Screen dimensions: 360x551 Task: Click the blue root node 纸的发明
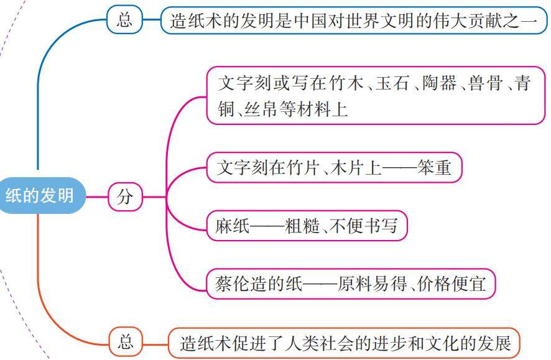pyautogui.click(x=40, y=196)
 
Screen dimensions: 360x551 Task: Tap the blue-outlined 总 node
pyautogui.click(x=125, y=21)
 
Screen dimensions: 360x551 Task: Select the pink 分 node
pyautogui.click(x=125, y=198)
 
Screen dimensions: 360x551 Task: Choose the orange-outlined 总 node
pyautogui.click(x=125, y=341)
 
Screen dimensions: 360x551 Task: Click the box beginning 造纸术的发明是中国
pyautogui.click(x=353, y=21)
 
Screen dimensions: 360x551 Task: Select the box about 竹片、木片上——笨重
pyautogui.click(x=334, y=168)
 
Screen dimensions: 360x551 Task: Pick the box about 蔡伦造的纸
pyautogui.click(x=351, y=285)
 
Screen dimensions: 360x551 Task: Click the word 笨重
pyautogui.click(x=435, y=168)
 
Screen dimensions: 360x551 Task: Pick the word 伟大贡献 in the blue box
pyautogui.click(x=458, y=21)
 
